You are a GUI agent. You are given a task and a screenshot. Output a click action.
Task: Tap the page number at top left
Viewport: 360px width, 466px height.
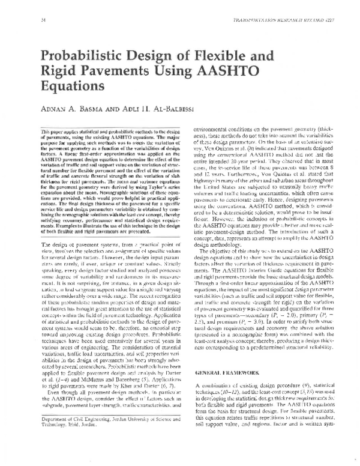tap(43, 20)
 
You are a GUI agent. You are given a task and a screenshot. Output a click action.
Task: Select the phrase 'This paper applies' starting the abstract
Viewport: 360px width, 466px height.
tap(59, 148)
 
